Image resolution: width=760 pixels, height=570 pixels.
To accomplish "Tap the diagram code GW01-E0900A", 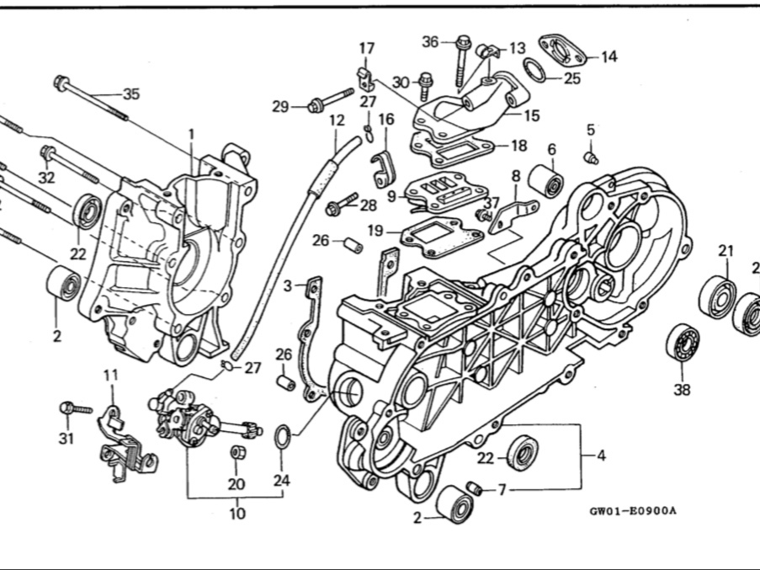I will (x=633, y=510).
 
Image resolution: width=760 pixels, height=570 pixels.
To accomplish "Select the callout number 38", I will (x=681, y=388).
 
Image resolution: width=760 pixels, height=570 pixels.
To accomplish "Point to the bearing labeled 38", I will (x=683, y=343).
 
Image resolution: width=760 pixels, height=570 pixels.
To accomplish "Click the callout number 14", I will (x=609, y=56).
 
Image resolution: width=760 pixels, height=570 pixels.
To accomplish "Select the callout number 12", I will (x=337, y=120).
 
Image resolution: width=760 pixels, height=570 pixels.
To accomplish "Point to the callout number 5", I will (x=591, y=130).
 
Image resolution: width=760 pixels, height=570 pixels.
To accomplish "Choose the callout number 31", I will (x=66, y=438).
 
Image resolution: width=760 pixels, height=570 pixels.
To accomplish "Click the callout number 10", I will (x=237, y=513).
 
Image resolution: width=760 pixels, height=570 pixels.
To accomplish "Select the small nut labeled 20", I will (x=237, y=453).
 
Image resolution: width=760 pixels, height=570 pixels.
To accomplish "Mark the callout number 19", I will (x=375, y=230).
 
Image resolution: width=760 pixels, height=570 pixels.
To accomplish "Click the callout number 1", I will (x=191, y=134).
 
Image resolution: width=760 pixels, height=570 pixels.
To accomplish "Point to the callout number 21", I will (x=725, y=250).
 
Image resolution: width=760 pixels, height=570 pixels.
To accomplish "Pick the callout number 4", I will (x=601, y=456).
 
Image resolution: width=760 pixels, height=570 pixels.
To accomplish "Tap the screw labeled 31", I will (x=75, y=408).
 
